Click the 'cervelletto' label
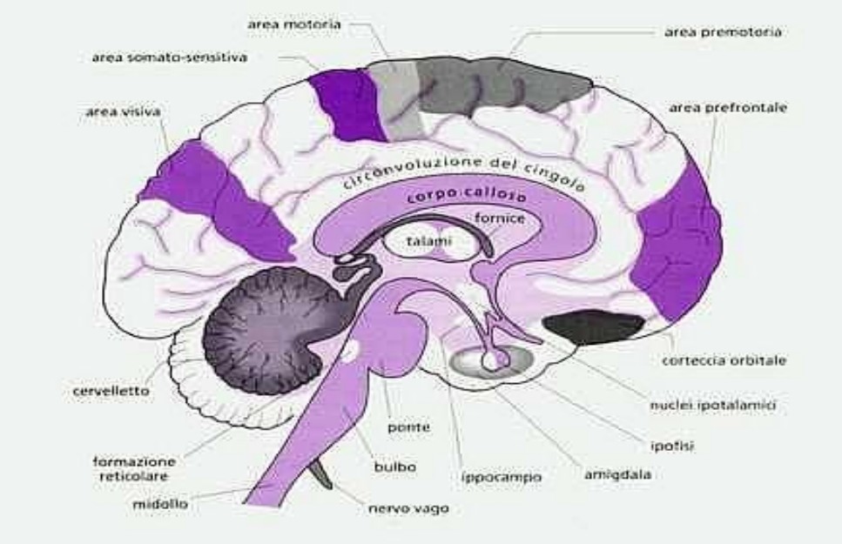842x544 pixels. coord(110,392)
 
